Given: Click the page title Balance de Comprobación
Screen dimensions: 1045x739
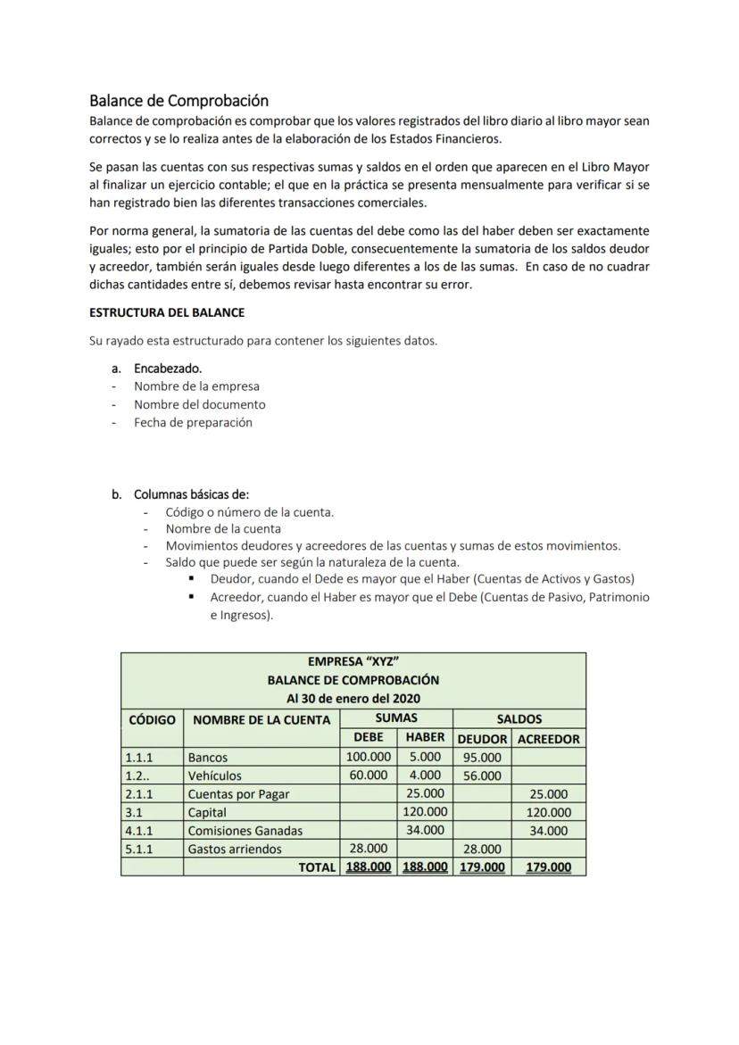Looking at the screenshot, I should [179, 101].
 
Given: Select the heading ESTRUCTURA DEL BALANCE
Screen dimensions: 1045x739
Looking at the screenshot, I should [167, 313].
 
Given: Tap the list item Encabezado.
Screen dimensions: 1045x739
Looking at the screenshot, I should [168, 369].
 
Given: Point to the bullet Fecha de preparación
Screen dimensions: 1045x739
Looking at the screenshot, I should [193, 422].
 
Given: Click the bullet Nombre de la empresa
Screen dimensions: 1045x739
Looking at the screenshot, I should [196, 386].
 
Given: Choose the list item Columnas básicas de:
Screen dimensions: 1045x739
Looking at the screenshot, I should [191, 494].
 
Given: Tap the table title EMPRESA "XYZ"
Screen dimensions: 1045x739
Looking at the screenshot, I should [353, 661].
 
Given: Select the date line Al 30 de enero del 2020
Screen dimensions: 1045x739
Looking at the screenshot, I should [353, 698].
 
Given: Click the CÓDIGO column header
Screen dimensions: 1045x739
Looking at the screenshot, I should [152, 719].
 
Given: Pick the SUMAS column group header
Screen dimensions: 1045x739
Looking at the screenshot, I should [396, 717].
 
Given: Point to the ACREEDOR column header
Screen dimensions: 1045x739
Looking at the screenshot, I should [548, 739].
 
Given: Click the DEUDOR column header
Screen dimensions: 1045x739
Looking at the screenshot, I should [482, 739].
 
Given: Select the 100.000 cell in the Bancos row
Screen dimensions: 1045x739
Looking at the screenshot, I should [368, 757].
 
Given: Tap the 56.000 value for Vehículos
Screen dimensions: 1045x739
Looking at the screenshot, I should [482, 775].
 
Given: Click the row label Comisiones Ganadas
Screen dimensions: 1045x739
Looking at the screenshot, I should [245, 831].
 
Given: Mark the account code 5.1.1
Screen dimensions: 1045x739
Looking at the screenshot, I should [139, 849].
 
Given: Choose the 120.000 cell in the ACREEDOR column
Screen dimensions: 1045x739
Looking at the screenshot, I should [548, 812].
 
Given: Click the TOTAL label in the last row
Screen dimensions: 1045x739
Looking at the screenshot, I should [317, 867].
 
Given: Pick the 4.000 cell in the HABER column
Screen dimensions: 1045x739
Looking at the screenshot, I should [425, 775].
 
